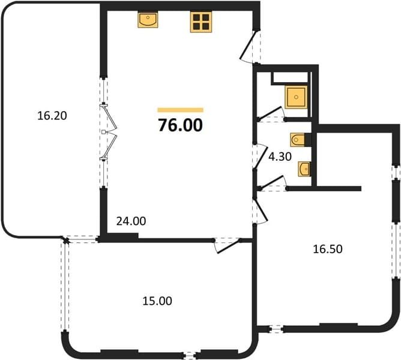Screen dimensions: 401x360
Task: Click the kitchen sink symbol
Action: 148,20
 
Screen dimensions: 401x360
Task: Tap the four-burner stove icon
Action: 201,22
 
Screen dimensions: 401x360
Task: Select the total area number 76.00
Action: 180,125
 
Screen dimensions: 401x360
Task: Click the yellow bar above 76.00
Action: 180,110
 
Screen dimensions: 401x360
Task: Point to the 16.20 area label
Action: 52,116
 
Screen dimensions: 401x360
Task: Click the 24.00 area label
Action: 131,221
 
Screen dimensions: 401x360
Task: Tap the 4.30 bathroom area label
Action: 280,157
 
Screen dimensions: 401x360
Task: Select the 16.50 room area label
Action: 328,249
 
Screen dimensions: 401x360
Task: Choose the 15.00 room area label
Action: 157,301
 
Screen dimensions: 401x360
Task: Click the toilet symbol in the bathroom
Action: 298,140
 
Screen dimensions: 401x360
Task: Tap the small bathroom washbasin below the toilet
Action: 304,169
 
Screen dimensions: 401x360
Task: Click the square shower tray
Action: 296,97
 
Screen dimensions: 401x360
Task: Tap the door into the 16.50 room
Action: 261,210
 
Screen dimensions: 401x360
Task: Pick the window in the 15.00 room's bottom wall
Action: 189,355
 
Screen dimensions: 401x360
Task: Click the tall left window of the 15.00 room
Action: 65,286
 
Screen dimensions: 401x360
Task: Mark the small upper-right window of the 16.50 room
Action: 396,172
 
